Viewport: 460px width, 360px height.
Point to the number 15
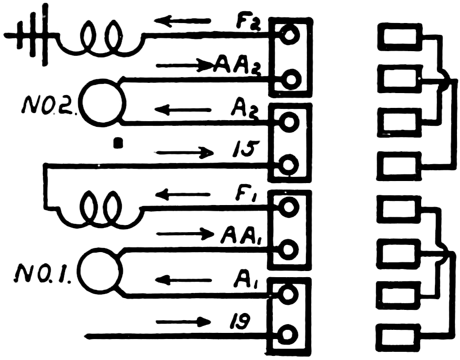pyautogui.click(x=239, y=152)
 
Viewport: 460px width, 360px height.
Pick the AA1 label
pyautogui.click(x=242, y=236)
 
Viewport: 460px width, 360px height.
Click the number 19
pyautogui.click(x=238, y=322)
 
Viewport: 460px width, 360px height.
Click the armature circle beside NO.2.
pyautogui.click(x=103, y=102)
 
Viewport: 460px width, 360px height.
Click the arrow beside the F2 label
pyautogui.click(x=183, y=21)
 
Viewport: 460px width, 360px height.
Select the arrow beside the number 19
pyautogui.click(x=184, y=322)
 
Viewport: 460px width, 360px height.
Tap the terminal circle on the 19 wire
pyautogui.click(x=289, y=336)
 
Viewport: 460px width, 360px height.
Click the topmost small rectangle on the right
pyautogui.click(x=399, y=37)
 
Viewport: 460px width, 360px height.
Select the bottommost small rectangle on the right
pyautogui.click(x=399, y=337)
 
